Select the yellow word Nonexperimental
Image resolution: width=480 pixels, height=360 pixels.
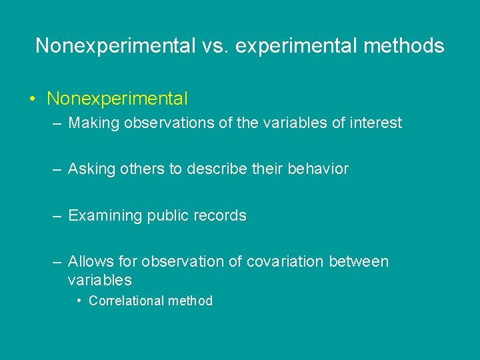pos(117,99)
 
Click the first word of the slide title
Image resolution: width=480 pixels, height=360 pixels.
pos(113,45)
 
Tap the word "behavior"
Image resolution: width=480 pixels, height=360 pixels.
pos(318,169)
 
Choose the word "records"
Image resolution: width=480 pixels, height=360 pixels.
pos(221,216)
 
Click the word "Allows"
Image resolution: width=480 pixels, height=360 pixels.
pos(90,262)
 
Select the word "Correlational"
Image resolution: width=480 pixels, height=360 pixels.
pos(126,301)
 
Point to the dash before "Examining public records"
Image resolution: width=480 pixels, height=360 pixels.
pos(58,216)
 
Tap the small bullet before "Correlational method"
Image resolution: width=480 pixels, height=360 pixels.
pos(79,301)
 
